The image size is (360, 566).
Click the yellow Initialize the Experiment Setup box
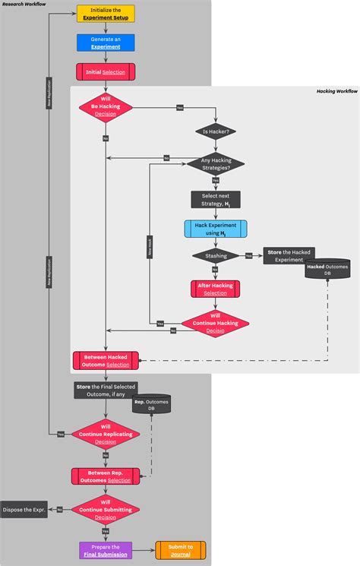coord(106,14)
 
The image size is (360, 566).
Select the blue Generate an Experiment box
coord(106,43)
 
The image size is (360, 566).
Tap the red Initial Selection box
coord(106,71)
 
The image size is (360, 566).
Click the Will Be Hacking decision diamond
coord(106,107)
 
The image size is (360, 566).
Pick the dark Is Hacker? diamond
coord(216,131)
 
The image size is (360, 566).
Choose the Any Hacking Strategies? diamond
coord(216,163)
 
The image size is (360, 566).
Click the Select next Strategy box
coord(216,199)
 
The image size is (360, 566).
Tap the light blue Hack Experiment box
coord(216,229)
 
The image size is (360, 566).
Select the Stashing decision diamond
coord(216,257)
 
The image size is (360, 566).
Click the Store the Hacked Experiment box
coord(288,255)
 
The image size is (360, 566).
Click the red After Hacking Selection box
coord(216,289)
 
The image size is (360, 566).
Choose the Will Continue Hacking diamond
coord(216,323)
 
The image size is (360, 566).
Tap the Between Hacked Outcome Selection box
coord(106,361)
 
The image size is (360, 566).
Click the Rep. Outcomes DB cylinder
coord(150,405)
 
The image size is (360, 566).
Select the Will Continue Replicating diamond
coord(106,434)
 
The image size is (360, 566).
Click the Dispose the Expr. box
coord(24,511)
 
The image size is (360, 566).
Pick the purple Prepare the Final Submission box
coord(106,550)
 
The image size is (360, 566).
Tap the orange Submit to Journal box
coord(180,550)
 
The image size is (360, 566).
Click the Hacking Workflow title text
coord(336,91)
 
